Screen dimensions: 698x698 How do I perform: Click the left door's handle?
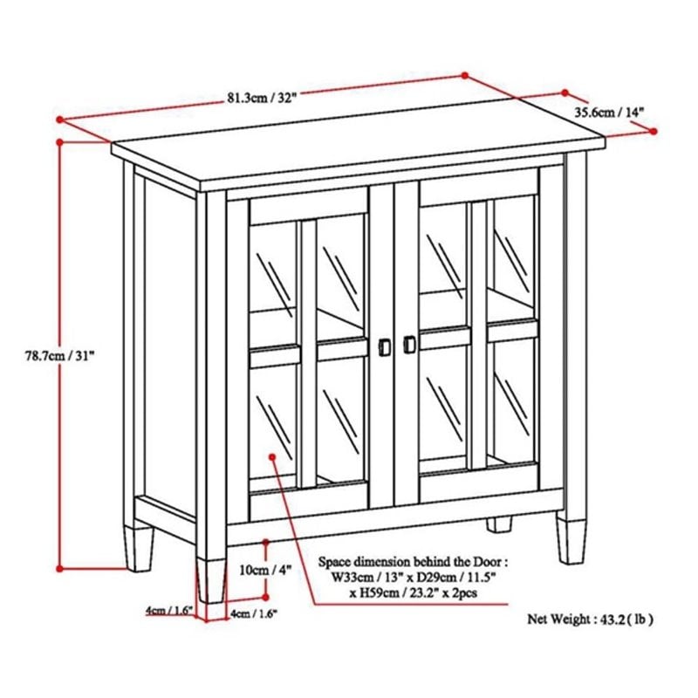coord(382,346)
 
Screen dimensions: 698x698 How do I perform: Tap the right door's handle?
coord(408,346)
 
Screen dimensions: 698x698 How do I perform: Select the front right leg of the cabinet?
coord(571,539)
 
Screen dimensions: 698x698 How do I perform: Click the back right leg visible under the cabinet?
coord(498,523)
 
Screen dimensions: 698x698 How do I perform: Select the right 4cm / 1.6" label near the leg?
coord(254,614)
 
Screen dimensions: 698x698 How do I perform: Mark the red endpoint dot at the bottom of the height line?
coord(59,568)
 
